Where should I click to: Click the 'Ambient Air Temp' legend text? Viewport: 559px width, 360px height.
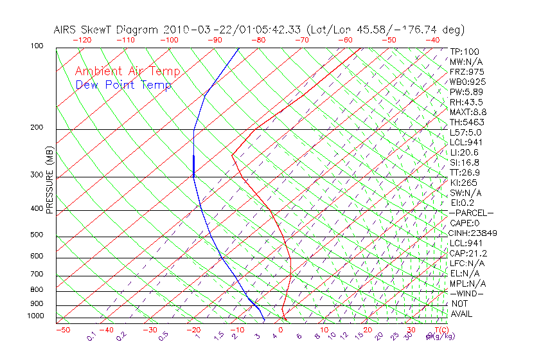127,71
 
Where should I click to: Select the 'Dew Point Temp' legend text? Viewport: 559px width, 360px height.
123,85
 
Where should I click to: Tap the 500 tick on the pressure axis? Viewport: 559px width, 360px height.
37,235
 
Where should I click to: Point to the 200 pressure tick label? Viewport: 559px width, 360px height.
37,127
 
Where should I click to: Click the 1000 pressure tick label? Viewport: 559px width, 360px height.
35,316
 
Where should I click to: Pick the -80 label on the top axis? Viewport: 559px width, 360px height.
258,40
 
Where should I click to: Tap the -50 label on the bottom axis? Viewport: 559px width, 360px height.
62,330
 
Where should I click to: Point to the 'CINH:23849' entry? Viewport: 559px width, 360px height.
473,233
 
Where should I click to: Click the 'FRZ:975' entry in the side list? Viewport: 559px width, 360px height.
466,71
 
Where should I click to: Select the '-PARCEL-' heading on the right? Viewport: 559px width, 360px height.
471,213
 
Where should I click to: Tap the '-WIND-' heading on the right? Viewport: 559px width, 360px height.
467,293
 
